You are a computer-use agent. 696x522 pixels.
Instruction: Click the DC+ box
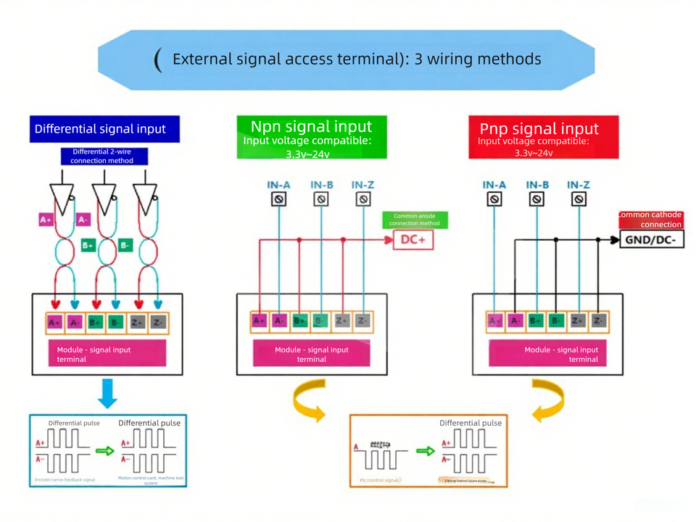413,239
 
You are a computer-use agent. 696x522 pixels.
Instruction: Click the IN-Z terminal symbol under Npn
362,199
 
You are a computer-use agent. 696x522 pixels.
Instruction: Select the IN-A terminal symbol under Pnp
494,199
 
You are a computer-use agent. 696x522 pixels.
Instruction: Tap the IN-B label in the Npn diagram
321,185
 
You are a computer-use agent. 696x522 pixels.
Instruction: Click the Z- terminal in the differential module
159,322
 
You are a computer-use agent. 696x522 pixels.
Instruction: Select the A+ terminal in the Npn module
260,320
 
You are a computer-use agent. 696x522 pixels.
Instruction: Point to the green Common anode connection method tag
415,220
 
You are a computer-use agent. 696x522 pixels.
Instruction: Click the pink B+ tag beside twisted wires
88,246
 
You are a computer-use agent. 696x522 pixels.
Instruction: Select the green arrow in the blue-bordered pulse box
106,451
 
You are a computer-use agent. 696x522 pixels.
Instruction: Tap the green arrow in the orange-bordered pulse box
426,451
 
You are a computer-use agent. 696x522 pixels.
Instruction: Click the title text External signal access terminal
355,59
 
